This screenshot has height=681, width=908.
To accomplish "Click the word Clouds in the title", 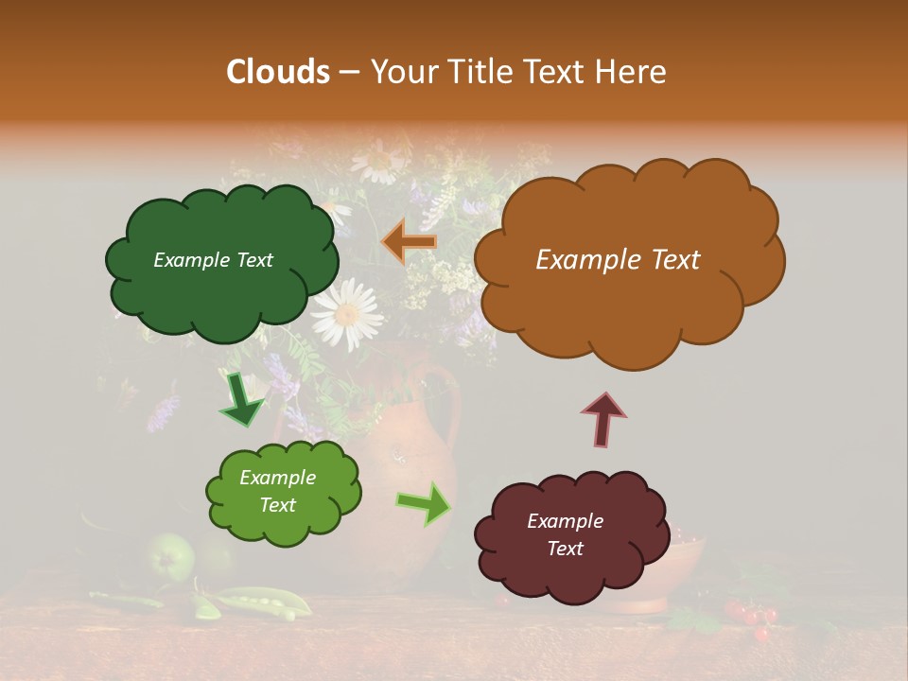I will [278, 72].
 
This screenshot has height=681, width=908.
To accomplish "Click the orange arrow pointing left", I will [409, 241].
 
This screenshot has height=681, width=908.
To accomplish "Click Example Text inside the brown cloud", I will [618, 260].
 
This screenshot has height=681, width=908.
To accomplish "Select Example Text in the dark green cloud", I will [213, 260].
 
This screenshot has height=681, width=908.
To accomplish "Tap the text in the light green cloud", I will [277, 491].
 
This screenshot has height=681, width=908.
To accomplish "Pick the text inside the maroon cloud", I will [565, 534].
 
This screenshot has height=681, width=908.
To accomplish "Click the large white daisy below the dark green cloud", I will [346, 314].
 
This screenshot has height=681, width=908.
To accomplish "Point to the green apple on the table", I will [171, 556].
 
